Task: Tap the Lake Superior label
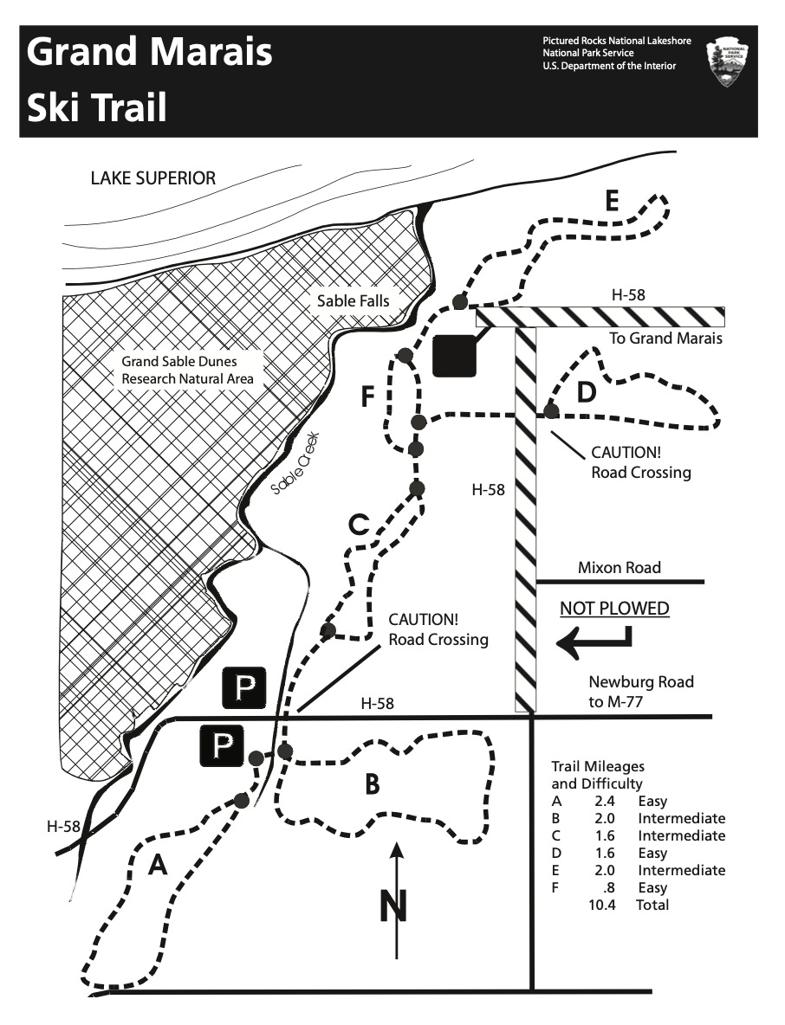point(153,178)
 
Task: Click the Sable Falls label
point(353,301)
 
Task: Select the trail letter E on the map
point(612,203)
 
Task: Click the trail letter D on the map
point(587,392)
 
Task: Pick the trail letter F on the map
point(368,397)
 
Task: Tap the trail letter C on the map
point(359,525)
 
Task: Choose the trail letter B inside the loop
point(371,784)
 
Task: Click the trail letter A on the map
point(157,864)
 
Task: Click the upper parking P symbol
point(246,688)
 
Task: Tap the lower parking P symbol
point(223,745)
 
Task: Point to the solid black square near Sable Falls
point(454,355)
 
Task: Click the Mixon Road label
point(619,568)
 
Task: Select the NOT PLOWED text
point(614,608)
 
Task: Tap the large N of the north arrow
point(394,906)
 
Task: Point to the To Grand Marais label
point(665,338)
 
